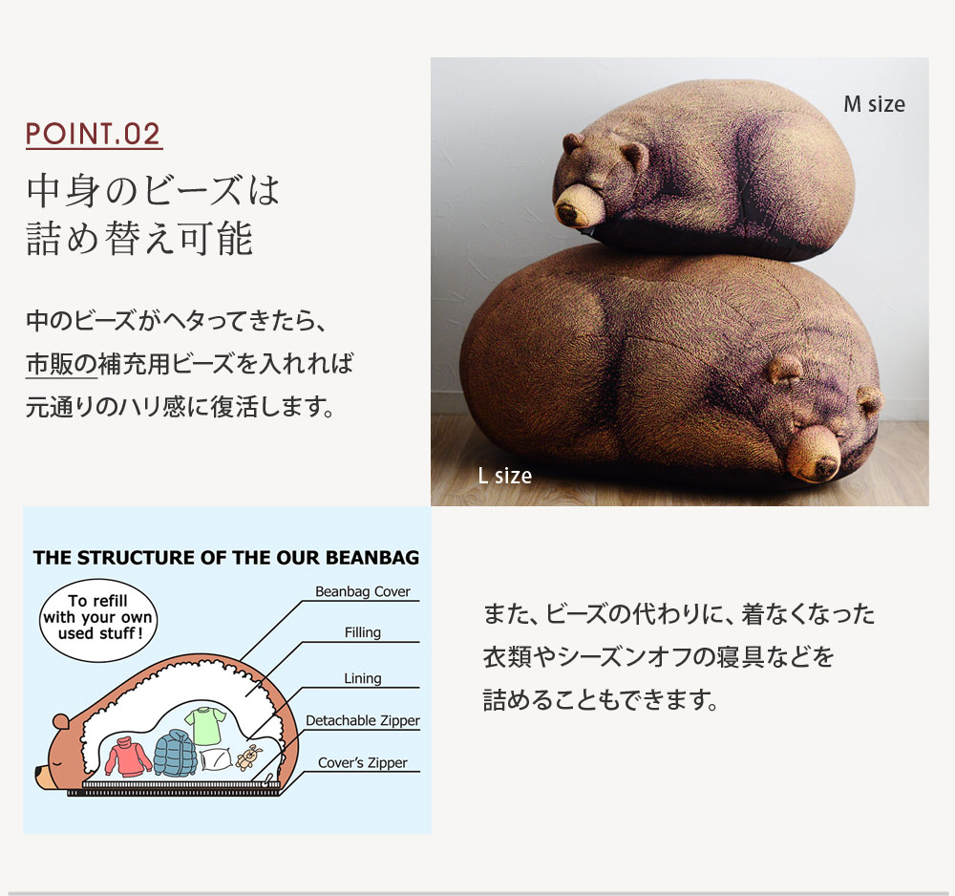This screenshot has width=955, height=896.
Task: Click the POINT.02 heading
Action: [94, 134]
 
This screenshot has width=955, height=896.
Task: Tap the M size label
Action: [873, 103]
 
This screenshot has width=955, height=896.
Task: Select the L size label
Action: [504, 475]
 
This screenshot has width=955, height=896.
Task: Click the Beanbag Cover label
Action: [362, 592]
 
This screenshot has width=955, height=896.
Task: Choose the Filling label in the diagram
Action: [362, 632]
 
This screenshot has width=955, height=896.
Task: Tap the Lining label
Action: [362, 678]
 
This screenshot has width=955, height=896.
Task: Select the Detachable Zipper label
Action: [362, 721]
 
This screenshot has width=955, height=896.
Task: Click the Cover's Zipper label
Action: [362, 763]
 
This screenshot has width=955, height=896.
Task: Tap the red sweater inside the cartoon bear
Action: [128, 757]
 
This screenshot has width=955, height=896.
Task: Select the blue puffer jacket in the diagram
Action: [175, 753]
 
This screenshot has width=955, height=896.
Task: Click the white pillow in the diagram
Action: [216, 760]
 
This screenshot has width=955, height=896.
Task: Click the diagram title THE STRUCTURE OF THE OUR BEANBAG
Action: [225, 558]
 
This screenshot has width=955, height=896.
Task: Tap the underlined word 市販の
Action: [61, 364]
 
